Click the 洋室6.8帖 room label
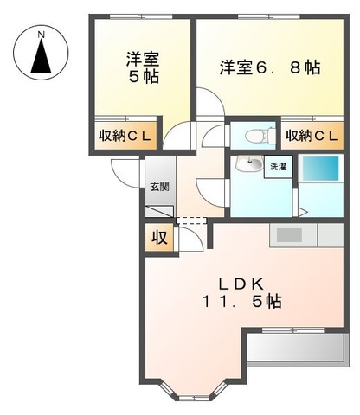(269, 67)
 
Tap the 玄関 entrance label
(157, 187)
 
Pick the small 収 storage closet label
(160, 236)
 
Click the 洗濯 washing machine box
(278, 166)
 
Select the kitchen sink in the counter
(289, 234)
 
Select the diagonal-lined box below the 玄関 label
(159, 211)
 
